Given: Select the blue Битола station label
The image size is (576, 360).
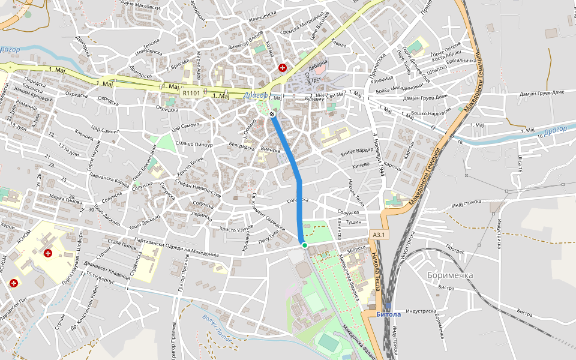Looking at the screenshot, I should (x=388, y=313).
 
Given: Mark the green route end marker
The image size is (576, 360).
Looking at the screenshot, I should (x=304, y=245).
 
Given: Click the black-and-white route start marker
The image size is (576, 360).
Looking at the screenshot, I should (x=272, y=114).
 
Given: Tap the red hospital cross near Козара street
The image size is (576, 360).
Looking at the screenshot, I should (x=282, y=68).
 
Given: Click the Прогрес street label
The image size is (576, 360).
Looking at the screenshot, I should (x=455, y=245).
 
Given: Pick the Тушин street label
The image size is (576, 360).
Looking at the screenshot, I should (x=354, y=222).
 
